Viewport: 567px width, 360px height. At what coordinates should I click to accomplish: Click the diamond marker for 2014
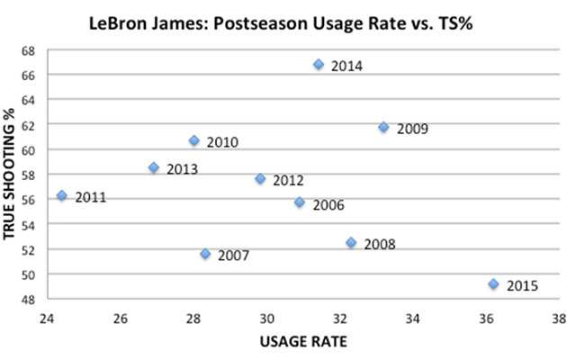click(x=318, y=65)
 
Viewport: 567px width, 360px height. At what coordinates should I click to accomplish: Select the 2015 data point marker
click(x=493, y=284)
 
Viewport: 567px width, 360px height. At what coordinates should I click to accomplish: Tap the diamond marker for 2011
click(x=62, y=195)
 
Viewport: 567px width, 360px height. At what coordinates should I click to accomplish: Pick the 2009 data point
click(x=383, y=128)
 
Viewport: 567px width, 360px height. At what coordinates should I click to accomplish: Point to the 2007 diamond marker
click(x=205, y=255)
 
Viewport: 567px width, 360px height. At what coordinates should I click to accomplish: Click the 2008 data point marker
click(x=351, y=243)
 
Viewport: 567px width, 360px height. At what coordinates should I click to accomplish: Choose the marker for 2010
click(x=193, y=140)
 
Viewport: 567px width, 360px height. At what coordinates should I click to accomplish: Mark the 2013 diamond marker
click(x=154, y=167)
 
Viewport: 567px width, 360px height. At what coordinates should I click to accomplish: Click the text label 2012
click(x=288, y=180)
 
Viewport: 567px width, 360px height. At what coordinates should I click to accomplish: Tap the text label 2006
click(x=328, y=204)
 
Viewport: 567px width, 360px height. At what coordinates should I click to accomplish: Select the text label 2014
click(x=346, y=66)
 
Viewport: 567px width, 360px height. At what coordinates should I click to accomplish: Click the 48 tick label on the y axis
click(x=29, y=299)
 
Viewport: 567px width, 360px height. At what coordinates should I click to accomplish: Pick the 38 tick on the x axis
click(x=560, y=319)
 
